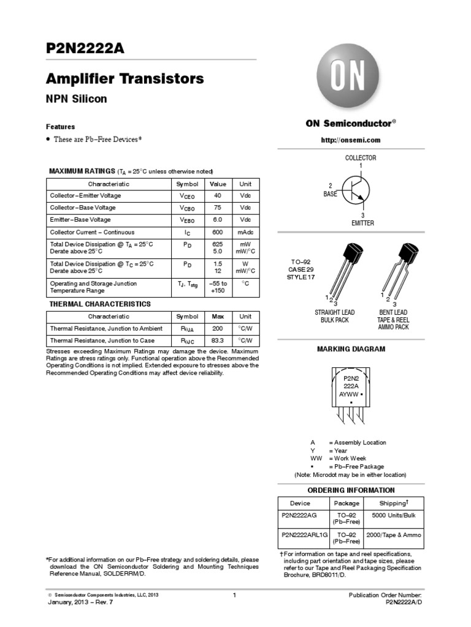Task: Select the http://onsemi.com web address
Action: click(351, 140)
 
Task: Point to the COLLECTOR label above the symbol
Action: click(361, 158)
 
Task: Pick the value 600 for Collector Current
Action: click(218, 233)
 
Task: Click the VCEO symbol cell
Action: click(188, 196)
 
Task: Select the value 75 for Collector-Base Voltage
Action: click(218, 208)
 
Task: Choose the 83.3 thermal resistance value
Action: click(218, 340)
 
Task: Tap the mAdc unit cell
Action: click(245, 233)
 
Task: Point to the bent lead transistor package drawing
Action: click(399, 269)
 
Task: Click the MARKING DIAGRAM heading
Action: click(351, 349)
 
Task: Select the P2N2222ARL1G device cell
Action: click(304, 535)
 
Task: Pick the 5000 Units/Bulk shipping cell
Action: click(393, 516)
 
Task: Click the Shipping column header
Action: click(393, 503)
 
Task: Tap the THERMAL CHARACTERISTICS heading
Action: click(100, 304)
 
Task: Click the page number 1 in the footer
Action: click(235, 595)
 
